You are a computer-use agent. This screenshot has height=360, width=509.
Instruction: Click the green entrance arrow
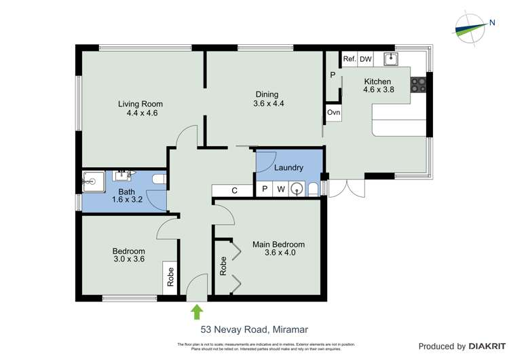pos(197,312)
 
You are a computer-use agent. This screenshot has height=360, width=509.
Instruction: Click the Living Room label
pos(140,104)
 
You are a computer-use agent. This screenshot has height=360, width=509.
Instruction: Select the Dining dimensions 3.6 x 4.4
pos(267,104)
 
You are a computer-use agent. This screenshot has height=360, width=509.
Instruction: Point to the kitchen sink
pos(392,59)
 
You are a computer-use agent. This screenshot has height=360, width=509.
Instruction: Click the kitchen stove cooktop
pos(418,85)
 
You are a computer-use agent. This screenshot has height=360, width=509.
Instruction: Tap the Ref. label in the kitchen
pos(349,59)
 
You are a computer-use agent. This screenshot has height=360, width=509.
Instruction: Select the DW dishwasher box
pos(366,59)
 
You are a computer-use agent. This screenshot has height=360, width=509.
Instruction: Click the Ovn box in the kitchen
pos(333,112)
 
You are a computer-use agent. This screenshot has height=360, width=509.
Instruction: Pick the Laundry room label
pos(288,168)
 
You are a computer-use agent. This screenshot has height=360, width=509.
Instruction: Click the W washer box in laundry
pos(280,190)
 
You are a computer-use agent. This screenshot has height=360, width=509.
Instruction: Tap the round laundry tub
pos(297,190)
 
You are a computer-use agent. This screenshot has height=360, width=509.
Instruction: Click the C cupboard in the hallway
pos(233,190)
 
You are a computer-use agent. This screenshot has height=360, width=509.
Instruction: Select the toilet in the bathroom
pos(159,179)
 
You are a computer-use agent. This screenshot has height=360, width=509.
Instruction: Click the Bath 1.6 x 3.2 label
pos(127,196)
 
